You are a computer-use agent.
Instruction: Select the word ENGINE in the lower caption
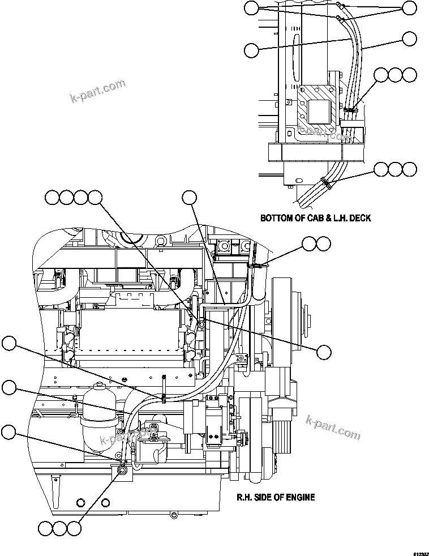tap(299, 498)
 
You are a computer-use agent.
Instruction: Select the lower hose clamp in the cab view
tap(327, 182)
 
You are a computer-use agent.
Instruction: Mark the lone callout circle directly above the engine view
tap(189, 197)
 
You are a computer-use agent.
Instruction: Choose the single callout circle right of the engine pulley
tap(324, 352)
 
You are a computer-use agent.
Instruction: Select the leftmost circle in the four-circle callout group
tap(52, 197)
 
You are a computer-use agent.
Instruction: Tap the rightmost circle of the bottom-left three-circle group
tap(74, 529)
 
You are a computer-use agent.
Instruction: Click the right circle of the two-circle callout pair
tap(323, 243)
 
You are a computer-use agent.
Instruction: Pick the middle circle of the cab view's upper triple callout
tap(395, 75)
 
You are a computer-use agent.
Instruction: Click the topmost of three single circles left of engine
tap(9, 343)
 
